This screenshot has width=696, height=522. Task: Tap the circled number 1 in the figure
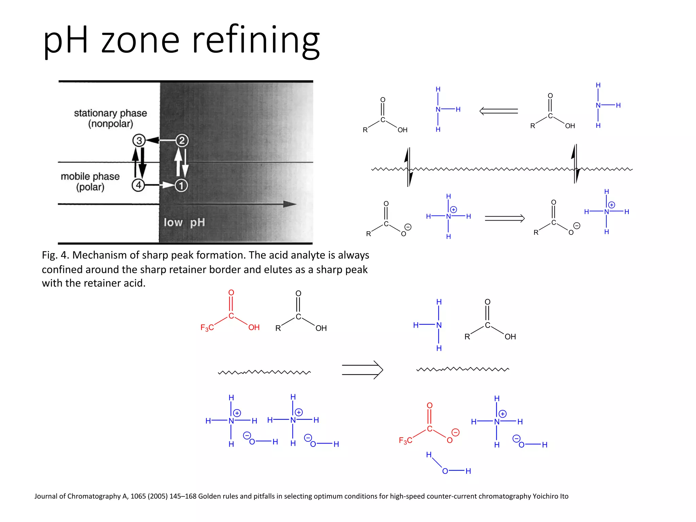pyautogui.click(x=181, y=185)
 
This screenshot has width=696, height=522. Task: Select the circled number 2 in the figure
pyautogui.click(x=182, y=140)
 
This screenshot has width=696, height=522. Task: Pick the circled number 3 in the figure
pyautogui.click(x=139, y=140)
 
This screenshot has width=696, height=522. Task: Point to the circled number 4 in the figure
pyautogui.click(x=138, y=185)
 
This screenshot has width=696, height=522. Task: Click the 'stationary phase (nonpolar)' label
pyautogui.click(x=110, y=118)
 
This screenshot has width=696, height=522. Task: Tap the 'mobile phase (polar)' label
pyautogui.click(x=90, y=181)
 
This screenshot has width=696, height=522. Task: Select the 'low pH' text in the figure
pyautogui.click(x=184, y=223)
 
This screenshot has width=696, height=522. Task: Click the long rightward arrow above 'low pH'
pyautogui.click(x=238, y=204)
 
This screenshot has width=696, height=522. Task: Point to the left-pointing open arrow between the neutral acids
pyautogui.click(x=499, y=111)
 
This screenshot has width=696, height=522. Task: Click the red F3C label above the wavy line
pyautogui.click(x=207, y=328)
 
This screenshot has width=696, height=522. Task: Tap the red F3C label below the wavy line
pyautogui.click(x=405, y=441)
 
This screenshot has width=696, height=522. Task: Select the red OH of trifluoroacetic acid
pyautogui.click(x=254, y=328)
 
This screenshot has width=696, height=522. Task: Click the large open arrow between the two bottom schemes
pyautogui.click(x=362, y=370)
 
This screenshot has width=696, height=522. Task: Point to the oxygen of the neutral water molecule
pyautogui.click(x=445, y=471)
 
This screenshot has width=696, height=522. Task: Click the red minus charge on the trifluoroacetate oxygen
pyautogui.click(x=455, y=432)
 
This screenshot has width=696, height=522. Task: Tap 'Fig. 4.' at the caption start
pyautogui.click(x=55, y=255)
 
